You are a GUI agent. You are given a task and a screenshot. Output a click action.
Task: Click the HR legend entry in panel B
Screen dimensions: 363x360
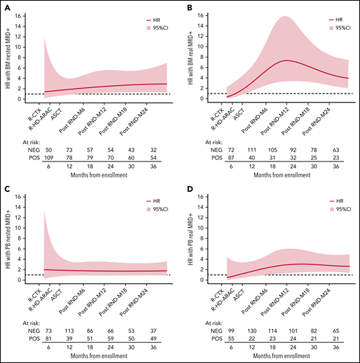coord(336,21)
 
